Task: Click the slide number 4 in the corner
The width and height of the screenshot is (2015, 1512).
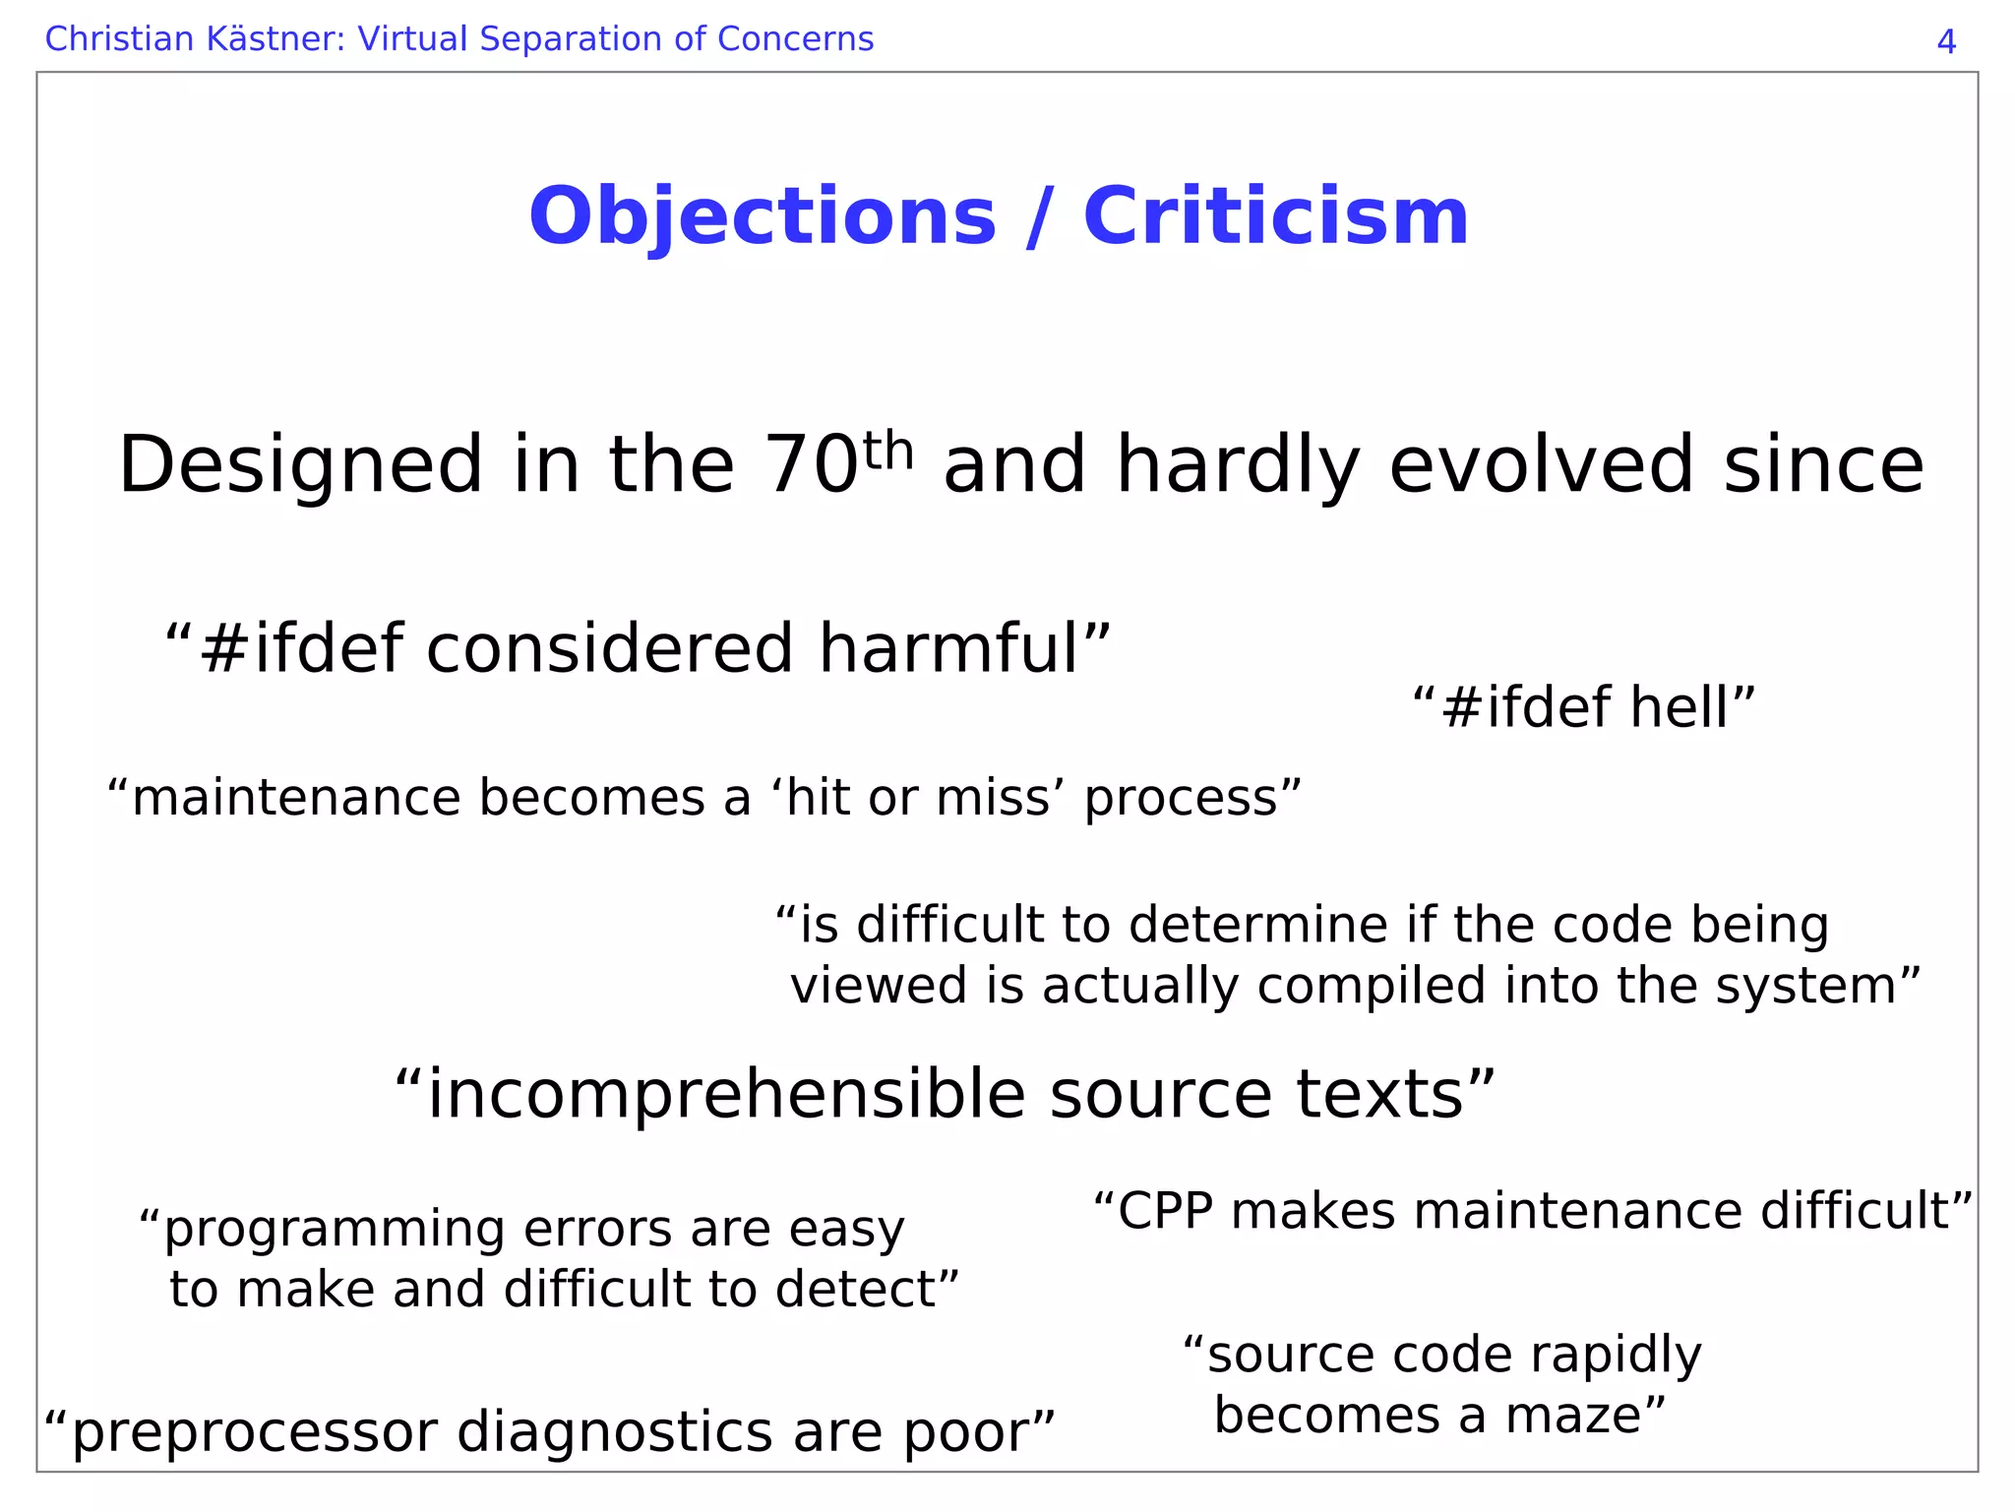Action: coord(1945,42)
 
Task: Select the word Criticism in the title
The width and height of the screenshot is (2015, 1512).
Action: coord(1275,217)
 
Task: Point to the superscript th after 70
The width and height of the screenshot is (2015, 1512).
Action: coord(888,451)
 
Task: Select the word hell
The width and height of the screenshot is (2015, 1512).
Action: coord(1679,708)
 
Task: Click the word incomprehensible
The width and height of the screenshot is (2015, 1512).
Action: coord(726,1095)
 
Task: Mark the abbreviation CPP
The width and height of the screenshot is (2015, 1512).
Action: coord(1165,1211)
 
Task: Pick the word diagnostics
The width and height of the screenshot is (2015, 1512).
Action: coord(615,1432)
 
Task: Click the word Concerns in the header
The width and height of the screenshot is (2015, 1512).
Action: coord(795,39)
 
